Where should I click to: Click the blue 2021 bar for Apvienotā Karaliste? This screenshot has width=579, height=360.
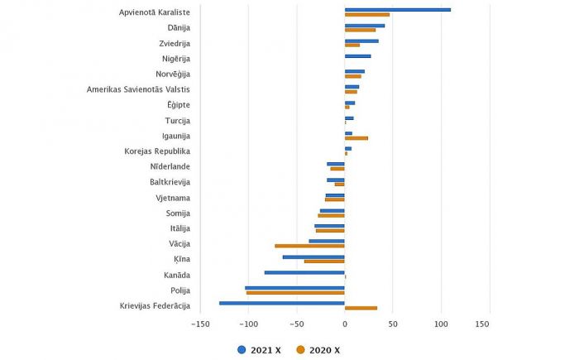pos(397,10)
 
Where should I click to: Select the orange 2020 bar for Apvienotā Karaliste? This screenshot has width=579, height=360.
pos(366,15)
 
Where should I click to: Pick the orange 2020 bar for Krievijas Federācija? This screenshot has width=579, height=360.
pos(361,308)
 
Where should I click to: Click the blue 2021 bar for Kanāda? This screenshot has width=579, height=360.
pos(304,272)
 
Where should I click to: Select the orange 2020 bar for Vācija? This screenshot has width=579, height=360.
pos(309,246)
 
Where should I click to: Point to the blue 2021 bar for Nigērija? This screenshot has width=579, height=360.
pos(357,56)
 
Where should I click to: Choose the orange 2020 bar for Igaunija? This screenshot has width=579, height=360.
pos(356,138)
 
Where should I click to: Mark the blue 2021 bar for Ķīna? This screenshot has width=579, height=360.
pos(313,257)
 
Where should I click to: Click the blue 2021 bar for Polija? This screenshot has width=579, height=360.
pos(294,287)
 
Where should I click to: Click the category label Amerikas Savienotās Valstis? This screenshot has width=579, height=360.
pos(138,89)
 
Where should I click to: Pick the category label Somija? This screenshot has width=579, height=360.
pos(177,213)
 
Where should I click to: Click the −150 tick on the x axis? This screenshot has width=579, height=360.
pos(199,324)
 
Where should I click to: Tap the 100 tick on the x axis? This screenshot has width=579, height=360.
pos(441,324)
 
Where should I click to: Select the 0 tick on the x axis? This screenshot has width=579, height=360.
pos(345,324)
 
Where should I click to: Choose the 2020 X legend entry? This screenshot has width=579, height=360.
pos(318,350)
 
